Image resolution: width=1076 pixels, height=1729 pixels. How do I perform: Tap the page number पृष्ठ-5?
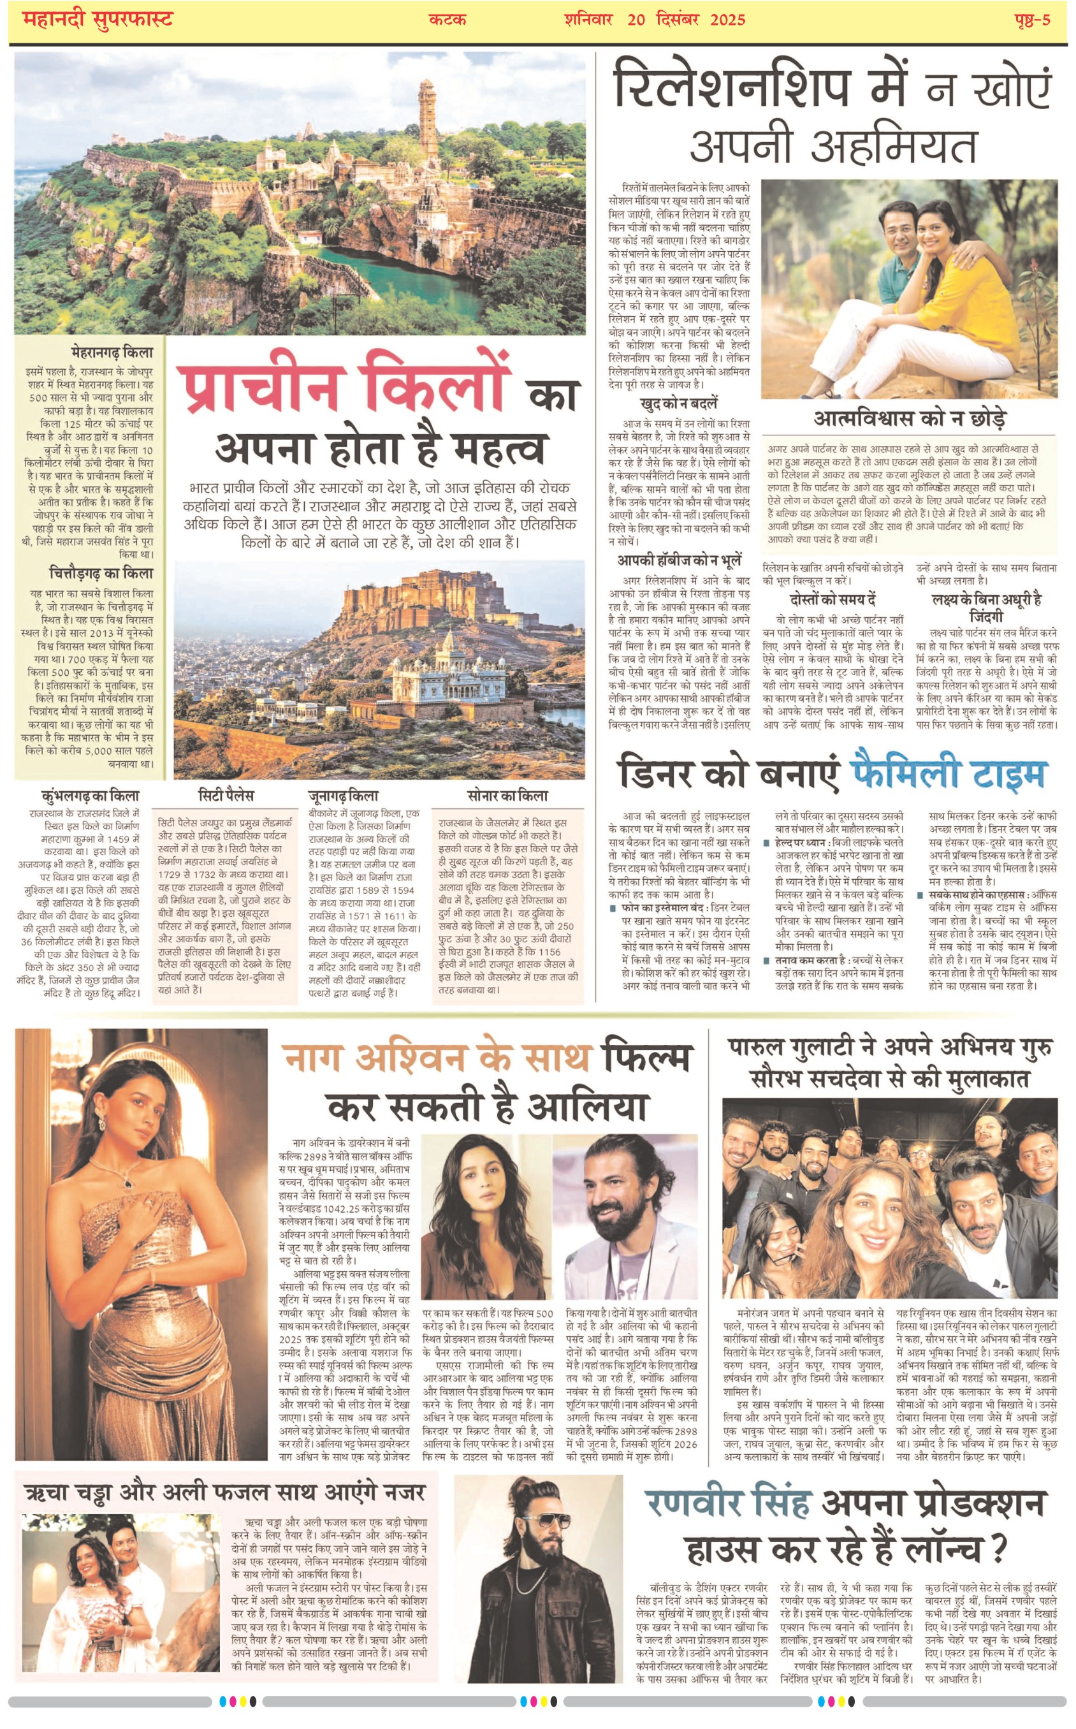point(1032,19)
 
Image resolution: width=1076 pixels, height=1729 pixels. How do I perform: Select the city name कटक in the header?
point(447,19)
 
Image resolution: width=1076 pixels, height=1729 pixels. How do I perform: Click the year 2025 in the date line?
point(727,19)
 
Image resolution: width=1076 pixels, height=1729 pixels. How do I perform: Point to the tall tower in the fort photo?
point(427,117)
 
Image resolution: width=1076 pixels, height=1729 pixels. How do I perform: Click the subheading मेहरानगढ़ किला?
point(112,352)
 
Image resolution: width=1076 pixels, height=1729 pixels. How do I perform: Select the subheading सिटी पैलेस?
point(226,795)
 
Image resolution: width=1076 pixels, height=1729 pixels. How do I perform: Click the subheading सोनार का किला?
point(507,795)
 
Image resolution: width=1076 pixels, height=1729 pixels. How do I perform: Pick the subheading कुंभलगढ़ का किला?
point(91,796)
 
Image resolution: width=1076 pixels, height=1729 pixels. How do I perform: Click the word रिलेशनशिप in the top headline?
point(732,87)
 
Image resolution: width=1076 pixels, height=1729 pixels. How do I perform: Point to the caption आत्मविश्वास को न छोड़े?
point(910,418)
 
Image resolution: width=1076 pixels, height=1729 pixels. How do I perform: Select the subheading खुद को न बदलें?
point(679,404)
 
